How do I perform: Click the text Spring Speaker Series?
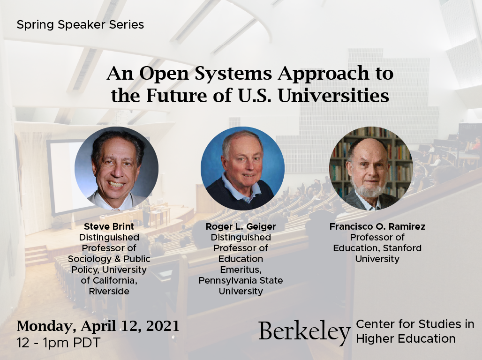point(80,24)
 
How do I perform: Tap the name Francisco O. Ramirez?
point(377,227)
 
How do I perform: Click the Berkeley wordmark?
point(304,331)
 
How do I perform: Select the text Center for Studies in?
point(415,324)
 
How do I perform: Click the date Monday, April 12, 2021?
point(98,326)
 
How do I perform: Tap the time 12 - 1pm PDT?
point(58,343)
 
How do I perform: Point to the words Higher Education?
point(406,338)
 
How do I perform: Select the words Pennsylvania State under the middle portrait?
point(241,281)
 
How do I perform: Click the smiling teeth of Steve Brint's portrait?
point(116,185)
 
